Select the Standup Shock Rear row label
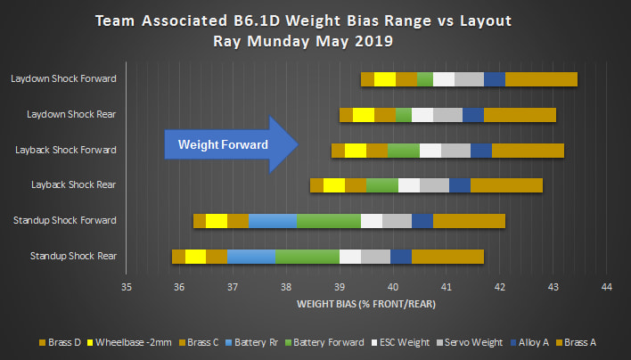(x=73, y=257)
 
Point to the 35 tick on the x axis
(x=127, y=287)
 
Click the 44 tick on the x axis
(x=607, y=287)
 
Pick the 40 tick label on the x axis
(x=393, y=287)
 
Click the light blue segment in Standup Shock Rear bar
(x=251, y=257)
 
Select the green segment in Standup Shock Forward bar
(x=328, y=221)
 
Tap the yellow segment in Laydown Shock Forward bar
(x=384, y=79)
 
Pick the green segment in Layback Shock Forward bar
(x=403, y=150)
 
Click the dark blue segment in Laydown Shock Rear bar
(x=472, y=115)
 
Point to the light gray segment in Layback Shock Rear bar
(x=434, y=185)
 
